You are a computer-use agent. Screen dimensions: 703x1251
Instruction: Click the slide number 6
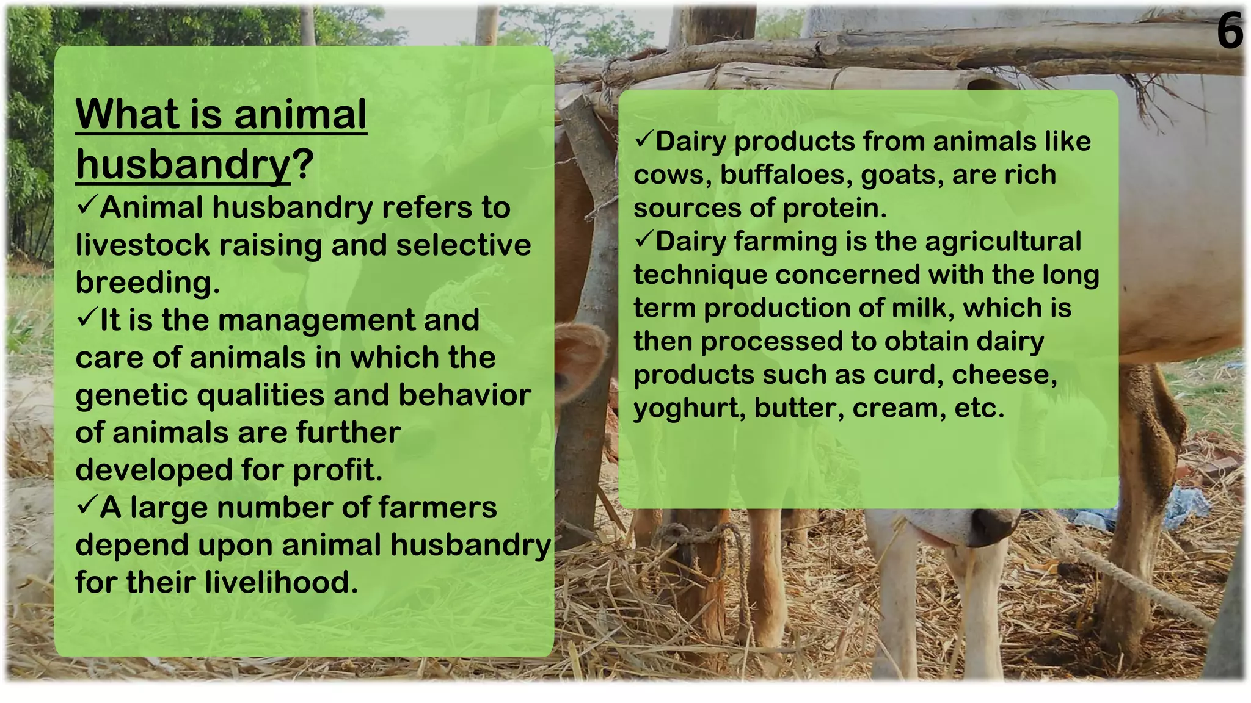point(1229,32)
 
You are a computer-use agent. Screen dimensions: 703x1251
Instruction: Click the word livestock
point(142,245)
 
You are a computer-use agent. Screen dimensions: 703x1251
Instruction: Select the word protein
point(834,209)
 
